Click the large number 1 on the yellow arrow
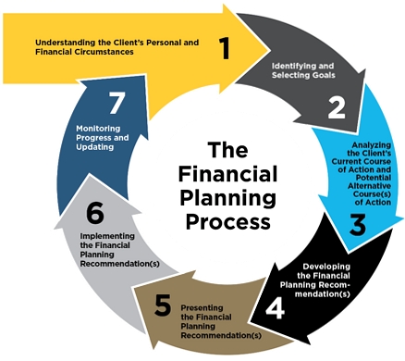click(224, 45)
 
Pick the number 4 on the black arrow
click(274, 305)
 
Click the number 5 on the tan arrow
click(163, 305)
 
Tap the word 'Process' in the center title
click(227, 223)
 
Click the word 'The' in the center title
click(227, 150)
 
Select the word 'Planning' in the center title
click(227, 198)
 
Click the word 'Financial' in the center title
click(227, 174)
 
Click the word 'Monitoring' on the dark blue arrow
click(99, 129)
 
